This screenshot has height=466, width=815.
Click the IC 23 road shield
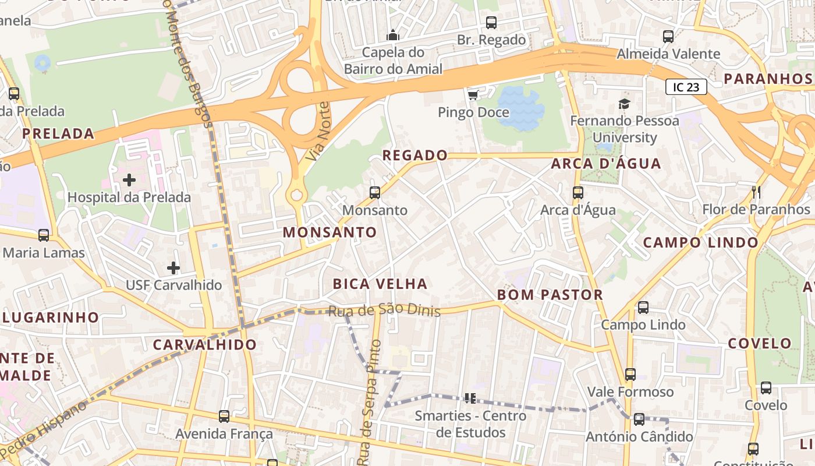pyautogui.click(x=686, y=87)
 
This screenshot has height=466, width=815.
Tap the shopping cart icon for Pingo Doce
pyautogui.click(x=473, y=94)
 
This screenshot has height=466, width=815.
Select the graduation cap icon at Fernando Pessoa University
pyautogui.click(x=624, y=104)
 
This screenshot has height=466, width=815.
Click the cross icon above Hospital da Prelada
pyautogui.click(x=129, y=179)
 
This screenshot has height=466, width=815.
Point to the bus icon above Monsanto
pyautogui.click(x=375, y=192)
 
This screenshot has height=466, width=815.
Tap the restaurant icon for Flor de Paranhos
pyautogui.click(x=756, y=192)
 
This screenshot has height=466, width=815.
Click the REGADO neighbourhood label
pyautogui.click(x=414, y=156)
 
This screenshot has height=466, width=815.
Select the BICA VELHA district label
pyautogui.click(x=380, y=284)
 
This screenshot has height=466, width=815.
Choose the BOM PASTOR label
pyautogui.click(x=550, y=295)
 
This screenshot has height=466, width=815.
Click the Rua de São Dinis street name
pyautogui.click(x=384, y=312)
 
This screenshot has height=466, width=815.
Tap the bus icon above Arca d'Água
pyautogui.click(x=577, y=192)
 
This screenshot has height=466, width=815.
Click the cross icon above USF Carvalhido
pyautogui.click(x=173, y=268)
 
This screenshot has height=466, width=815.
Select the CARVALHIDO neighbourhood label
pyautogui.click(x=205, y=344)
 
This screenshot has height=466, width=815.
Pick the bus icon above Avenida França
pyautogui.click(x=224, y=416)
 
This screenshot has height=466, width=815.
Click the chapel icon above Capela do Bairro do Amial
pyautogui.click(x=393, y=36)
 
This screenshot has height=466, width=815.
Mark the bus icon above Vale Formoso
pyautogui.click(x=630, y=374)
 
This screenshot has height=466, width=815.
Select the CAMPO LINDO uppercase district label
pyautogui.click(x=701, y=242)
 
